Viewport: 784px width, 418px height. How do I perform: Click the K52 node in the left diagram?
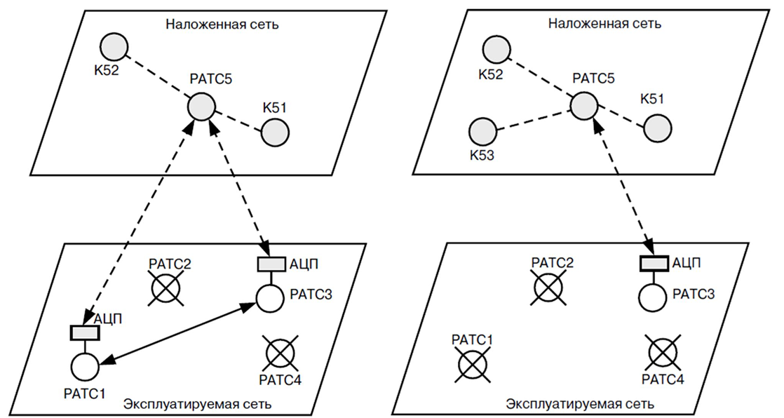pyautogui.click(x=114, y=48)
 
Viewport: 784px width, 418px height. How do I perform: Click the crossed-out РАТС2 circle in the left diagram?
pyautogui.click(x=166, y=288)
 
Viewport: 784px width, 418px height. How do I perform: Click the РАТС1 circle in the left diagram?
pyautogui.click(x=86, y=365)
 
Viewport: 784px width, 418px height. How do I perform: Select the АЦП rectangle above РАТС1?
pyautogui.click(x=86, y=332)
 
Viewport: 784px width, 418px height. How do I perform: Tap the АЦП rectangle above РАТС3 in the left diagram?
pyautogui.click(x=271, y=264)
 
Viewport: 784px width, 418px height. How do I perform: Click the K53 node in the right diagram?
pyautogui.click(x=482, y=132)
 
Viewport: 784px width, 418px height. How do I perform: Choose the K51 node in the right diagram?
pyautogui.click(x=658, y=129)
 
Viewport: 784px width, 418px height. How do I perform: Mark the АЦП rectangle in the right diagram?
pyautogui.click(x=654, y=264)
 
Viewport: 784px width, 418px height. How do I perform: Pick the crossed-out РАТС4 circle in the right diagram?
pyautogui.click(x=663, y=353)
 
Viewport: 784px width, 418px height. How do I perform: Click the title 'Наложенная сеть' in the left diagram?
pyautogui.click(x=222, y=24)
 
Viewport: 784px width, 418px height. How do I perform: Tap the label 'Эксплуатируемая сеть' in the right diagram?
pyautogui.click(x=580, y=404)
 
